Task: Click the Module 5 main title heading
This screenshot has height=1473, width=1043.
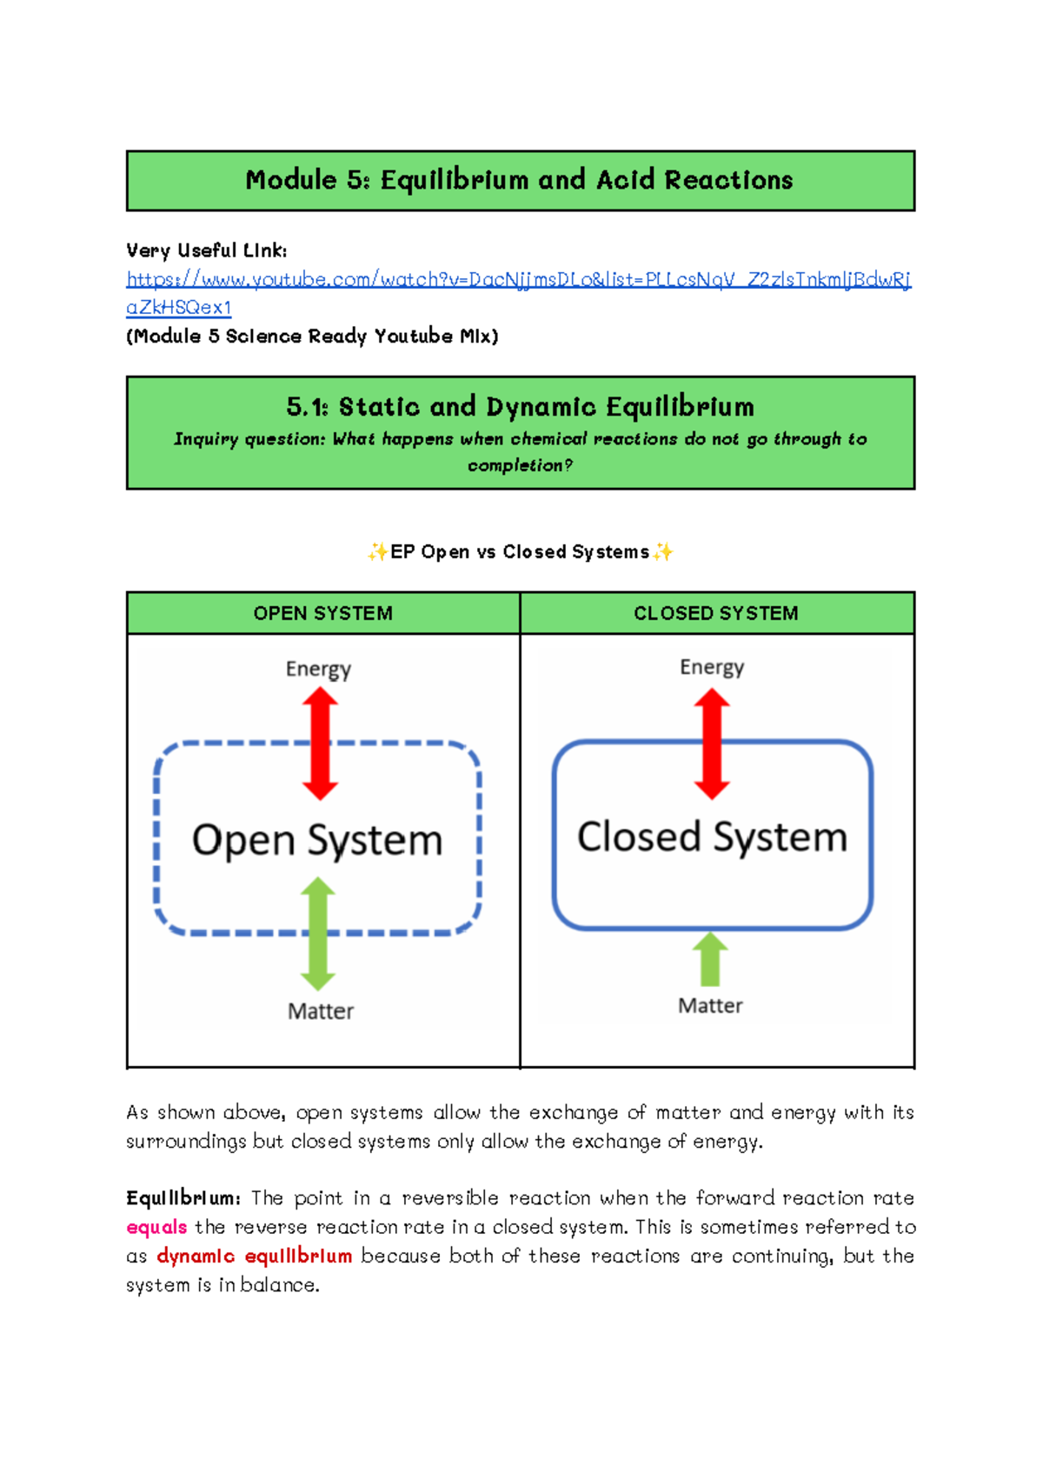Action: point(519,180)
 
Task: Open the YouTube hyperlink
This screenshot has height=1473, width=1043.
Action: point(518,280)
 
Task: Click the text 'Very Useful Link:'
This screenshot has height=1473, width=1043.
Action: point(206,250)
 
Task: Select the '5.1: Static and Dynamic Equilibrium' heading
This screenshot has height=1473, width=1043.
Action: point(520,407)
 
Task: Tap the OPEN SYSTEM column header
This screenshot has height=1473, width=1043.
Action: point(322,613)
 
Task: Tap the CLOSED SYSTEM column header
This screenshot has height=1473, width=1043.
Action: point(715,613)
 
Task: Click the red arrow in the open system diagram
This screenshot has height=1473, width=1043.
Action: point(320,743)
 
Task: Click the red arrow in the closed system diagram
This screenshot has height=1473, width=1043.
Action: point(712,743)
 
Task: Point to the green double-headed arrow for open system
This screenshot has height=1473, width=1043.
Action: point(318,933)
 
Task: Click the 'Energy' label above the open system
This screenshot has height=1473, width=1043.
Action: point(318,669)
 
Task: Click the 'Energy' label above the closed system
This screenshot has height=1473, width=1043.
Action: point(712,667)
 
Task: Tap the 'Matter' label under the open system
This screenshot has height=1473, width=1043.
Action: point(321,1011)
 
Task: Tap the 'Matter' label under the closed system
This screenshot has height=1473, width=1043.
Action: point(710,1006)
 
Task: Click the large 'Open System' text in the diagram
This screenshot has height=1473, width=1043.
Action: point(317,840)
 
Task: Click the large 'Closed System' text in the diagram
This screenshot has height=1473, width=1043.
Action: point(712,836)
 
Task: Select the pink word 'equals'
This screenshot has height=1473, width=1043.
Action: point(156,1227)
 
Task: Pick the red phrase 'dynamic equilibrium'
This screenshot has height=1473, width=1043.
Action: point(254,1256)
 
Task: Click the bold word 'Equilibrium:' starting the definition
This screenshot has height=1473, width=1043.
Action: point(183,1198)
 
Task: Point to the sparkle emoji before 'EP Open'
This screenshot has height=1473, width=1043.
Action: point(377,552)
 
